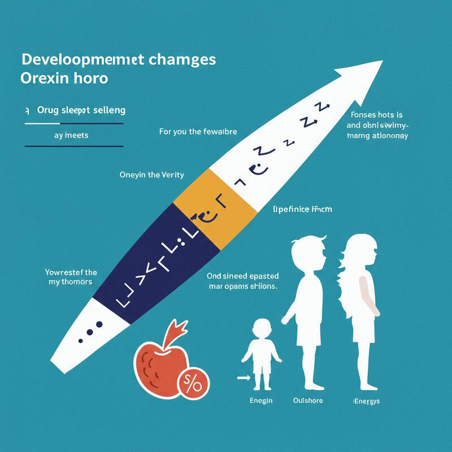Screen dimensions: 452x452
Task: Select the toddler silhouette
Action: (261, 353)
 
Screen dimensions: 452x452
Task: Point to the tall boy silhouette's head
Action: (308, 254)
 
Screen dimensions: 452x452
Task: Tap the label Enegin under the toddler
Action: (261, 401)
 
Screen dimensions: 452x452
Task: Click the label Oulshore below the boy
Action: (308, 401)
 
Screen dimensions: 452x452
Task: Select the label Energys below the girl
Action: (366, 401)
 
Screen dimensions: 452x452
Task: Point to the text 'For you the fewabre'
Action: (198, 132)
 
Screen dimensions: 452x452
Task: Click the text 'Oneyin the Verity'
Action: (152, 175)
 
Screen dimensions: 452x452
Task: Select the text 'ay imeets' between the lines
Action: (71, 136)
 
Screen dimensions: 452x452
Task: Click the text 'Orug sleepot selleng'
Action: (81, 110)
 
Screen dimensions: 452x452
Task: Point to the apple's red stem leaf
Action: (179, 328)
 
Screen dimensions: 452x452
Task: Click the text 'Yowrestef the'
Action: (71, 272)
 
